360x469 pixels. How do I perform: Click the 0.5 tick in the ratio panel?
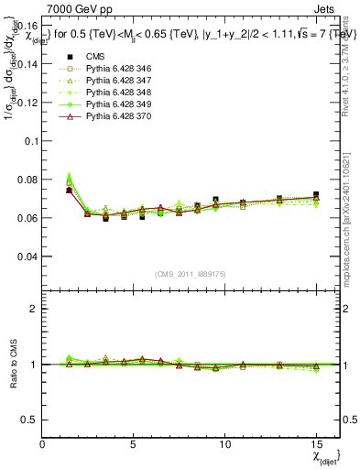29,420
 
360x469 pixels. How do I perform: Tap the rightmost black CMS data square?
316,195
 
